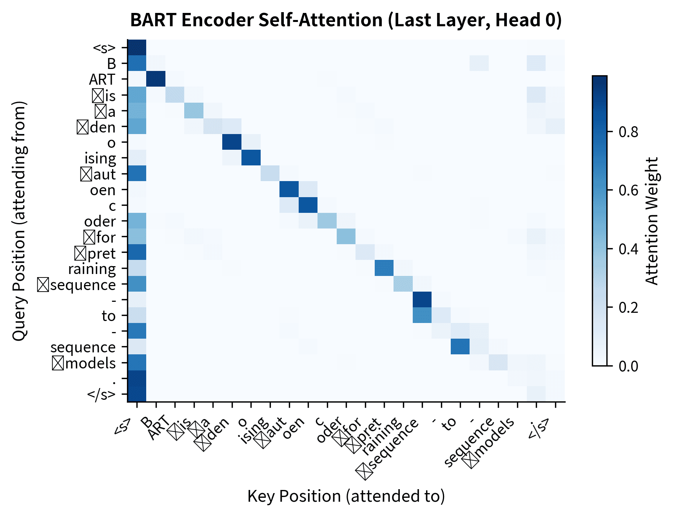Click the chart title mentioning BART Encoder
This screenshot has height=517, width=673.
click(346, 20)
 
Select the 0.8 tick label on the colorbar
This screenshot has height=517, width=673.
click(628, 132)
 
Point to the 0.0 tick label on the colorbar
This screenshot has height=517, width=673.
click(628, 366)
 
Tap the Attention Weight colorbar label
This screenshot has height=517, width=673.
click(652, 221)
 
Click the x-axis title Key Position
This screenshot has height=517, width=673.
click(346, 496)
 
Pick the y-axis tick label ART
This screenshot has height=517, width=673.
click(102, 80)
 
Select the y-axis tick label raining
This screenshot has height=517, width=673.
click(92, 269)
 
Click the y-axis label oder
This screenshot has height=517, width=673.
click(100, 221)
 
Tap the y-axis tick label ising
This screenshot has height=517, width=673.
click(100, 158)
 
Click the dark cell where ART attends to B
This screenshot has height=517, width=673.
click(156, 79)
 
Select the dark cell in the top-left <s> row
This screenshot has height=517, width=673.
click(137, 47)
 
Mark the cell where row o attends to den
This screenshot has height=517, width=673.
click(232, 142)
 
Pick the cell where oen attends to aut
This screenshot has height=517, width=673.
click(289, 189)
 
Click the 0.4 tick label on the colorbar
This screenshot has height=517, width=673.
click(628, 249)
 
